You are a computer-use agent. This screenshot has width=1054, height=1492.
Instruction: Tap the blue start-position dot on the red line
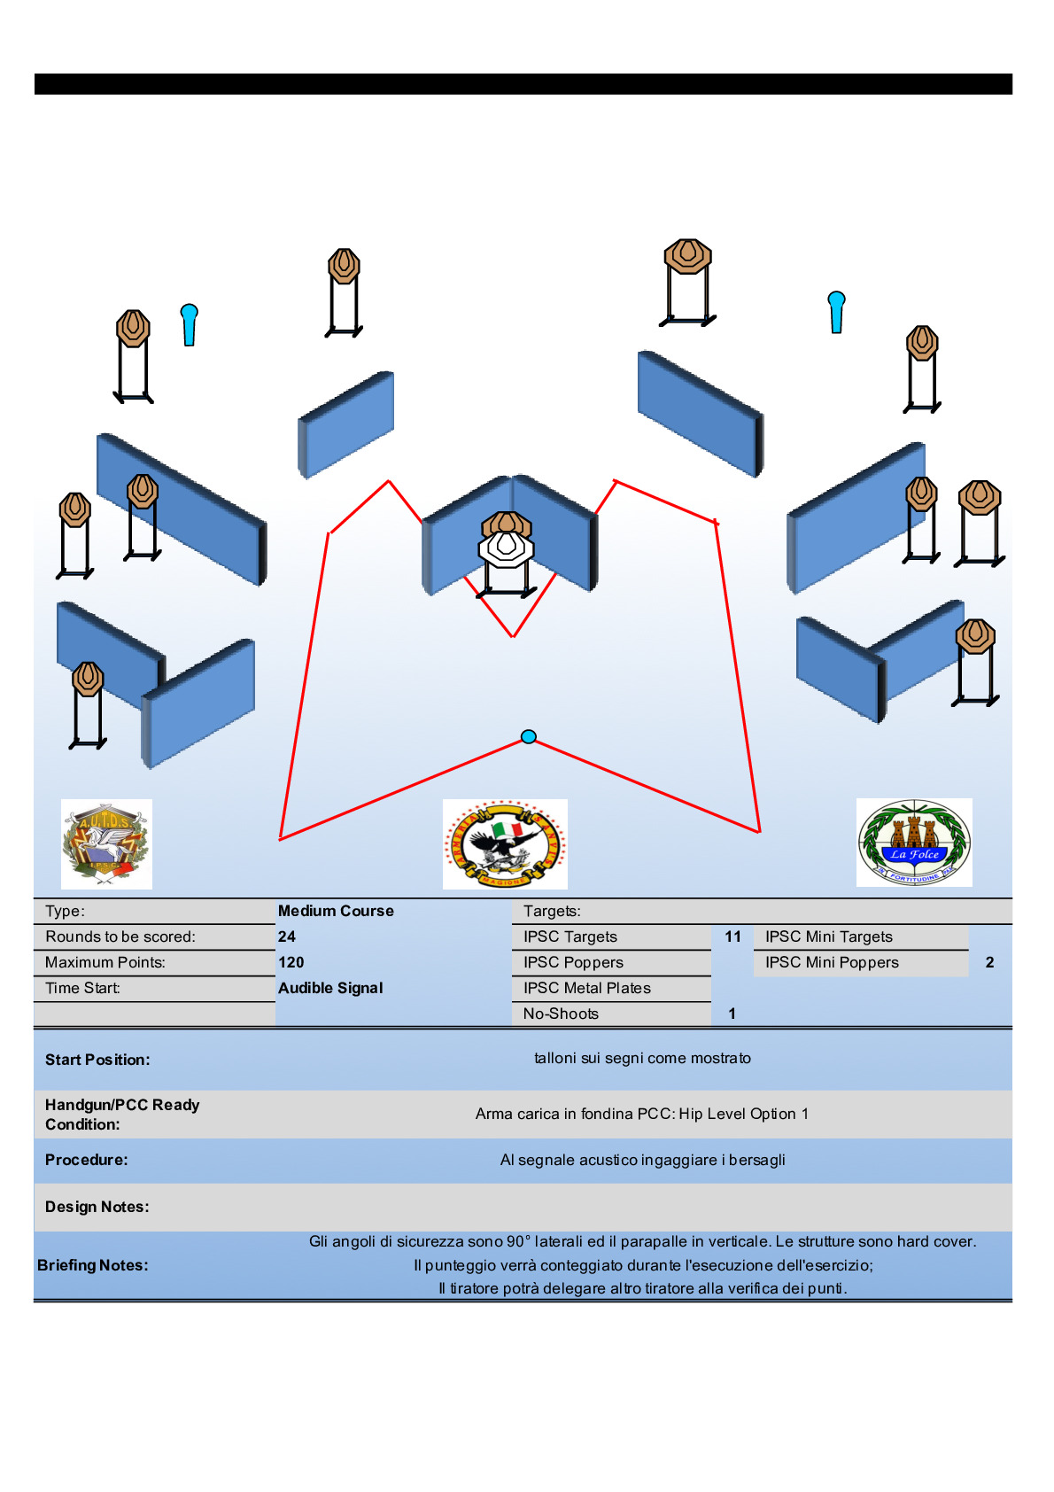coord(529,736)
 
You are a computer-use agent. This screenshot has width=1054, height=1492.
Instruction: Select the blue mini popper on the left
coord(189,323)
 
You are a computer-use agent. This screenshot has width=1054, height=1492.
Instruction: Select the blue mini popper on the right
coord(836,311)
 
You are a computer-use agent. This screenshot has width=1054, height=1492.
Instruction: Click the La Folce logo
coord(914,843)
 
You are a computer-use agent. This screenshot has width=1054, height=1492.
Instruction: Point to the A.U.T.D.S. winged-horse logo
coord(106,843)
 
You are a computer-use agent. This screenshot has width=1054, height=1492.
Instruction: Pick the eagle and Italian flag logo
coord(505,843)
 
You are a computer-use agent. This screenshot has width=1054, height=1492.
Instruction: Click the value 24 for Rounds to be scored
coord(287,936)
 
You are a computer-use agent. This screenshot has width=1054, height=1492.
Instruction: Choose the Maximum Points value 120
coord(291,962)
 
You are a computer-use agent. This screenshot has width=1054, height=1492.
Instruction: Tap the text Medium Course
coord(336,911)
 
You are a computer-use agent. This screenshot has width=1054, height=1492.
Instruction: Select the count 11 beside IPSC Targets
coord(732,936)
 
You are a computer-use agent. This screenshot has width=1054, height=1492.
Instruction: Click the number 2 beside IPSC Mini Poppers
coord(989,962)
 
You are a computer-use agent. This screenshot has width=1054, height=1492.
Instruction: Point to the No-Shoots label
coord(561,1014)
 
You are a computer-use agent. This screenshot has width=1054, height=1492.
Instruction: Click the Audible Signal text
coord(330,988)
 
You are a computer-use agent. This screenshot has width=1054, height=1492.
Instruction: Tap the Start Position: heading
coord(97,1060)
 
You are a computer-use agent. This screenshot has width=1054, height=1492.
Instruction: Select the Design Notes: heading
coord(97,1207)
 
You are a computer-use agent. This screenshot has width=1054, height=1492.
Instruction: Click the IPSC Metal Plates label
coord(586,988)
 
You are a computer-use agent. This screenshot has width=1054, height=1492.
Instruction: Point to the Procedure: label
coord(86,1160)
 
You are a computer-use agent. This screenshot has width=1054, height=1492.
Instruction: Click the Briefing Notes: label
coord(93,1265)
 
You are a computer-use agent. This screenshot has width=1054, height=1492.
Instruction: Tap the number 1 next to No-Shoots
coord(732,1014)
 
